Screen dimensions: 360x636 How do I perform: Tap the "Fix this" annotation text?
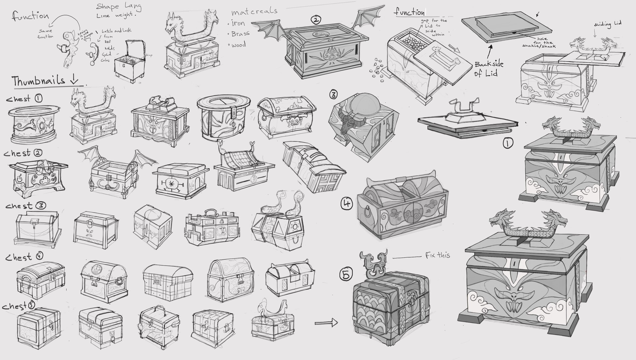(437, 256)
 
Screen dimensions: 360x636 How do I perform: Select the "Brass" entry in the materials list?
(241, 34)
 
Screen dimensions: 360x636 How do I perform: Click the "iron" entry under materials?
(238, 23)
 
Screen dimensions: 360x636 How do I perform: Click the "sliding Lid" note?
(608, 24)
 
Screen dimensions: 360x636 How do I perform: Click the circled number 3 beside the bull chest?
(334, 95)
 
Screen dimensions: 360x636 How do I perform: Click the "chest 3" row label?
(26, 206)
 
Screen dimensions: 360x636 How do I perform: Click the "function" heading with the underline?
(409, 13)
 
